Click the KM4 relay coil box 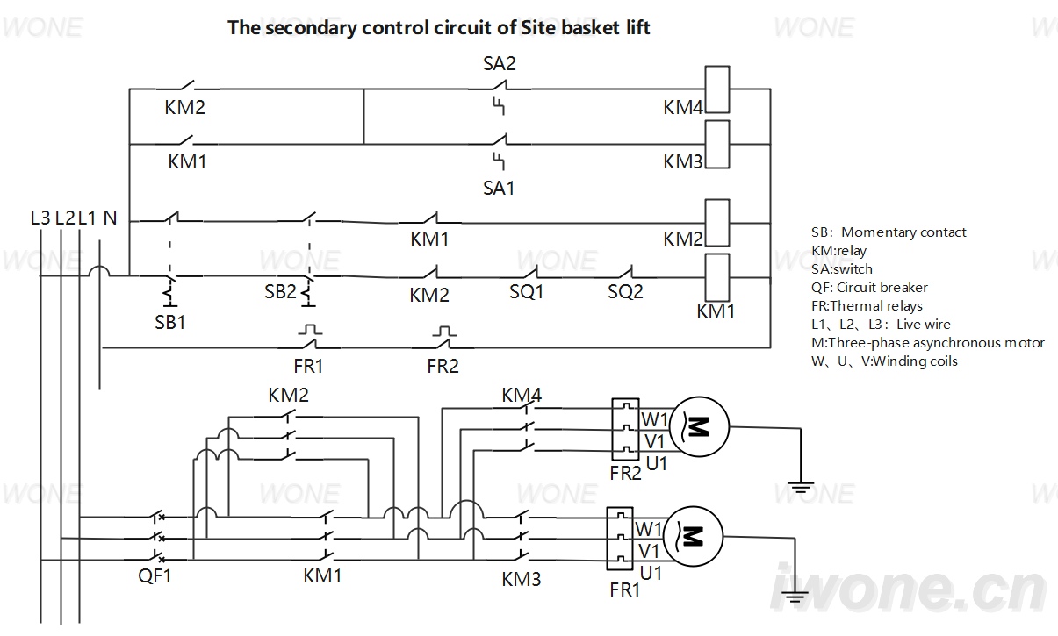(717, 89)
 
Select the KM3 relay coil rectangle (717, 145)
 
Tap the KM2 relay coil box (717, 223)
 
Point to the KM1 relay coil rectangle (717, 277)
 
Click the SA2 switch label (500, 64)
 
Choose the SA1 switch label (499, 189)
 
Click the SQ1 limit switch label (526, 291)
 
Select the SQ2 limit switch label (625, 291)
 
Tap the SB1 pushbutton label (170, 322)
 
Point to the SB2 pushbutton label (280, 291)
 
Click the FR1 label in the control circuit (308, 366)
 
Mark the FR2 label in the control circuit (443, 366)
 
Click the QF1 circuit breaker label (155, 576)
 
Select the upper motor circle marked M (700, 426)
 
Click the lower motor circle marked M (693, 537)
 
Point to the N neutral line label (110, 218)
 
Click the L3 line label (40, 218)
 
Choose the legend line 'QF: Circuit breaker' (869, 288)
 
